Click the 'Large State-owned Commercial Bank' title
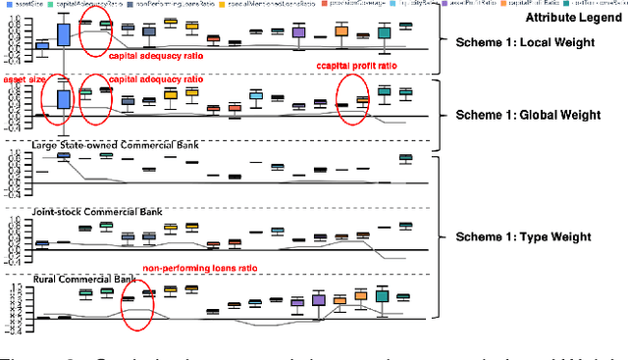click(x=116, y=145)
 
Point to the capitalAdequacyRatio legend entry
click(x=94, y=5)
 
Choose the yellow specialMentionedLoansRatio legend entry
click(x=294, y=5)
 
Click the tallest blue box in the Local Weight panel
click(x=64, y=35)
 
